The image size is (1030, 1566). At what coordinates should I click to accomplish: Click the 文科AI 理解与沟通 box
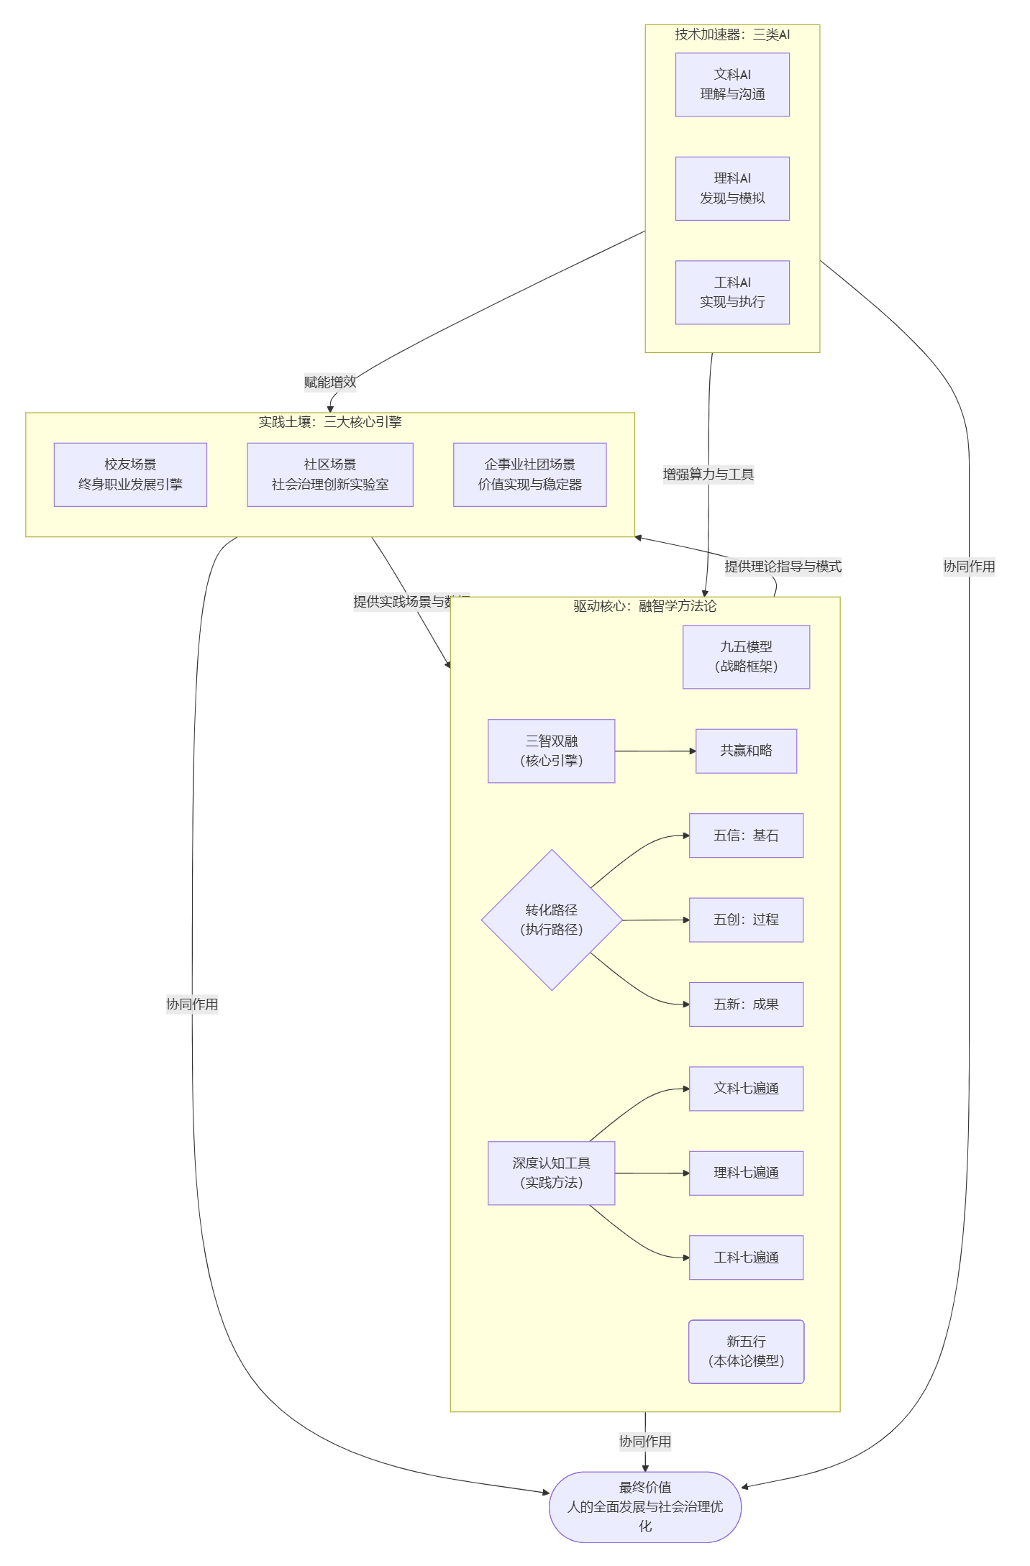pos(732,85)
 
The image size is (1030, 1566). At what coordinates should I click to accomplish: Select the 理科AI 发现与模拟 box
pos(732,188)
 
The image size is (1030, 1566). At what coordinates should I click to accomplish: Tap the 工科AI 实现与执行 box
pos(732,293)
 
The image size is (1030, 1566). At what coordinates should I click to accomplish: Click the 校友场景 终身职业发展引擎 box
pos(130,475)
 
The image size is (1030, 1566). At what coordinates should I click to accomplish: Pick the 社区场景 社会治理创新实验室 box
pos(329,475)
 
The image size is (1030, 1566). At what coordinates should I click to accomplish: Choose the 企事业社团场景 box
pos(529,475)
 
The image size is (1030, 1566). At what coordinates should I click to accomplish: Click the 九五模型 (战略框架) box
pos(746,656)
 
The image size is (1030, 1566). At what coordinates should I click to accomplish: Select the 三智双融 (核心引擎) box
pos(551,751)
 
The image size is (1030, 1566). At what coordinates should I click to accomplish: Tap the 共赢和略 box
pos(746,751)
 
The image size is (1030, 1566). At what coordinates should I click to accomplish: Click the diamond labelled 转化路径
pos(551,920)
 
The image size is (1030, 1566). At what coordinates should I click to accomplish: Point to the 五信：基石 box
pos(746,835)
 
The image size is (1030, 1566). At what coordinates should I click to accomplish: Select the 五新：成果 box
pos(746,1004)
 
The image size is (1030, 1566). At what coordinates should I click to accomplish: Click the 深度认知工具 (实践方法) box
pos(551,1173)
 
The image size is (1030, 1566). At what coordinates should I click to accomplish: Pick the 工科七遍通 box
pos(746,1258)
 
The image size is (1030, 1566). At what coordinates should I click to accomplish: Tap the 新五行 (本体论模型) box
pos(746,1351)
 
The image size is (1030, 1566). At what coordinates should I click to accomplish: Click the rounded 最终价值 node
pos(644,1506)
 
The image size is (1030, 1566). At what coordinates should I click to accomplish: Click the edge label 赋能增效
pos(329,382)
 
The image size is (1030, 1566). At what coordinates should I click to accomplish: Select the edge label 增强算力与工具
pos(708,475)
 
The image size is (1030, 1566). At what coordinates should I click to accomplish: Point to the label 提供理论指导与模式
pos(783,567)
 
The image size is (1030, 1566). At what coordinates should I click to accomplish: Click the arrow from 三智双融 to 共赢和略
pos(655,751)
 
